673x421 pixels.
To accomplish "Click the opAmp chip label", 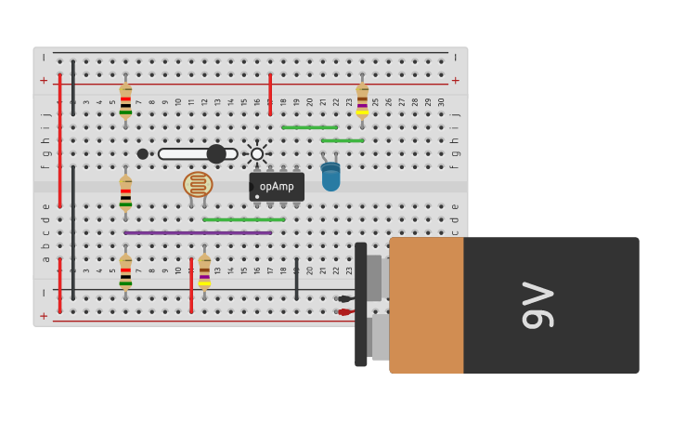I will pyautogui.click(x=277, y=187).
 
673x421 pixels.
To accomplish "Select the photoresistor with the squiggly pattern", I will pyautogui.click(x=198, y=184).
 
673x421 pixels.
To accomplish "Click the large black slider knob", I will pyautogui.click(x=216, y=154).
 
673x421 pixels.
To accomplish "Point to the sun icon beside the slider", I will pyautogui.click(x=257, y=154).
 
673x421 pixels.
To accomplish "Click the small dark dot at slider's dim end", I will pyautogui.click(x=142, y=154).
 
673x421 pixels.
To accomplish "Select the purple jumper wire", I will pyautogui.click(x=198, y=232).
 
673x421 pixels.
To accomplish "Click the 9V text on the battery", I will pyautogui.click(x=537, y=306).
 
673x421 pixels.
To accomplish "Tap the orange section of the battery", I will pyautogui.click(x=426, y=305).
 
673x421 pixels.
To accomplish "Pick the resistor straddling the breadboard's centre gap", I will pyautogui.click(x=125, y=193).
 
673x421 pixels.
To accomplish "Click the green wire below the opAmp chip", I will pyautogui.click(x=243, y=219).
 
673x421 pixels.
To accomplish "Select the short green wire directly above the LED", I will pyautogui.click(x=343, y=140).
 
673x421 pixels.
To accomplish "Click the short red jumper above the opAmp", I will pyautogui.click(x=270, y=94).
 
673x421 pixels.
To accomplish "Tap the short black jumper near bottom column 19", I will pyautogui.click(x=296, y=279).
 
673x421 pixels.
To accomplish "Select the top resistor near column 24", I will pyautogui.click(x=362, y=100).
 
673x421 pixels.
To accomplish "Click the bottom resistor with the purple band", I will pyautogui.click(x=204, y=272).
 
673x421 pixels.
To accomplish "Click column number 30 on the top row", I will pyautogui.click(x=441, y=101).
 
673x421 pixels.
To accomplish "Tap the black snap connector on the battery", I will pyautogui.click(x=360, y=305).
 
